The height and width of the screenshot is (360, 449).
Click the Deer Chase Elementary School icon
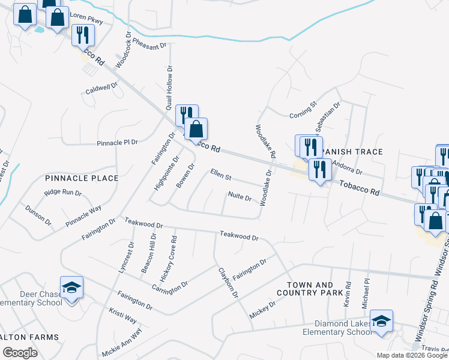coord(71,289)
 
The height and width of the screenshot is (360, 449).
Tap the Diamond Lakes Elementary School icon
coord(381,322)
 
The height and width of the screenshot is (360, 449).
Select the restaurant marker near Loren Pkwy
coord(83,36)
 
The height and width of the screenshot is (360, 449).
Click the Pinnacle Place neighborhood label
coord(82,178)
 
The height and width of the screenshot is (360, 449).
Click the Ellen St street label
coord(221,175)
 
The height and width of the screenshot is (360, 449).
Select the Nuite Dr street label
coord(240,196)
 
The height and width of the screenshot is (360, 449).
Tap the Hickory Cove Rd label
coord(173,251)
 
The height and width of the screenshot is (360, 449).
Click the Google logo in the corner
coord(19,353)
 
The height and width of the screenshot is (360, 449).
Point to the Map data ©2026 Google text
coord(412,355)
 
